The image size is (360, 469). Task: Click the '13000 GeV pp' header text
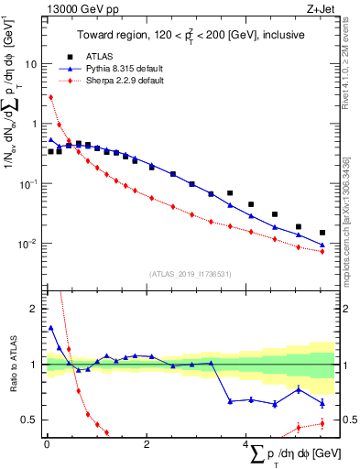(74, 8)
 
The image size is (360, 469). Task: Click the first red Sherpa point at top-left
(51, 97)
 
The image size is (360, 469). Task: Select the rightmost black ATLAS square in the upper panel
(322, 233)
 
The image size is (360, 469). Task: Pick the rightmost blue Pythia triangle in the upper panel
(322, 245)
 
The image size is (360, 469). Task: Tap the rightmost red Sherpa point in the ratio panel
(322, 423)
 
